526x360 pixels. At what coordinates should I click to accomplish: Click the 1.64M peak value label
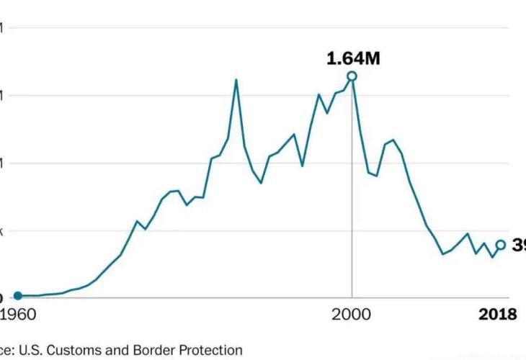pos(353,58)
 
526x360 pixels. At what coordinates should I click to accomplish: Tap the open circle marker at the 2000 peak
pos(352,76)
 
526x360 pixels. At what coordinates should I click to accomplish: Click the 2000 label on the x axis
pos(352,315)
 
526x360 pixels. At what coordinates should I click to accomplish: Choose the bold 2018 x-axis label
pos(498,315)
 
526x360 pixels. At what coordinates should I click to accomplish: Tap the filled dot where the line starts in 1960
pos(18,295)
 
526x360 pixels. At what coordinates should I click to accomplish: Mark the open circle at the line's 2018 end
pos(501,245)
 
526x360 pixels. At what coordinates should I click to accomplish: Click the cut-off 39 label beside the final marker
pos(519,246)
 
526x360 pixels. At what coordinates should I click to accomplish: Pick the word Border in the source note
pos(161,350)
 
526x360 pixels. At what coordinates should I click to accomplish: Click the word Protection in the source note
pos(213,350)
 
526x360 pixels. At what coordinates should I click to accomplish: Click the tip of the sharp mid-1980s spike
pos(236,79)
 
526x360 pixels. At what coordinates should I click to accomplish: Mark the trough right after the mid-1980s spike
pos(261,183)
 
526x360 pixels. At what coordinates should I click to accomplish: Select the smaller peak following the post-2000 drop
pos(393,140)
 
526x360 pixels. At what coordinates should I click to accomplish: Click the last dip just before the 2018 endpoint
pos(493,257)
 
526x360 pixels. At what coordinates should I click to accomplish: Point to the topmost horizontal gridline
pos(259,27)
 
